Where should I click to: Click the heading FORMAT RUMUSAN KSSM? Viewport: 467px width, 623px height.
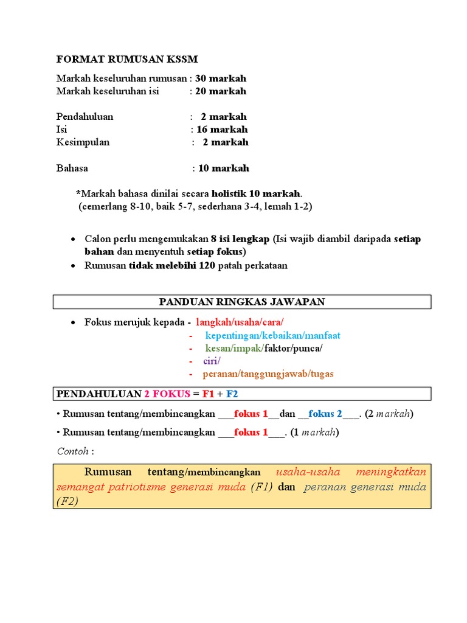(x=127, y=59)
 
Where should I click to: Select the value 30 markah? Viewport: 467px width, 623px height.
(x=221, y=78)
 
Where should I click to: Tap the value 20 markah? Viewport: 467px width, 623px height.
(x=221, y=91)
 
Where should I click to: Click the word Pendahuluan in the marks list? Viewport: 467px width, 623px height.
(x=85, y=117)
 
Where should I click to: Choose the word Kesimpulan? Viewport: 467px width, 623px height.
(x=83, y=142)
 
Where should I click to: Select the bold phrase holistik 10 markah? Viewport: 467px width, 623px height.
(x=256, y=193)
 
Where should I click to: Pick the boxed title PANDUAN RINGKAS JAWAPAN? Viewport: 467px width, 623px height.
(x=242, y=302)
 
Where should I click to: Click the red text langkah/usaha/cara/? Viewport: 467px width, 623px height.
(x=240, y=322)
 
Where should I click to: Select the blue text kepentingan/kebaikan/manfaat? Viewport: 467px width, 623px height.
(x=272, y=335)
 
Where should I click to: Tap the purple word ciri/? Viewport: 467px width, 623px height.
(x=212, y=361)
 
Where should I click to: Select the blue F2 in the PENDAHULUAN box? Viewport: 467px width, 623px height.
(x=232, y=394)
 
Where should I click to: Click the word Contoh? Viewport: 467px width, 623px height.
(x=72, y=451)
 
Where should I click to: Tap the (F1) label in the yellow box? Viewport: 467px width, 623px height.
(x=262, y=487)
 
